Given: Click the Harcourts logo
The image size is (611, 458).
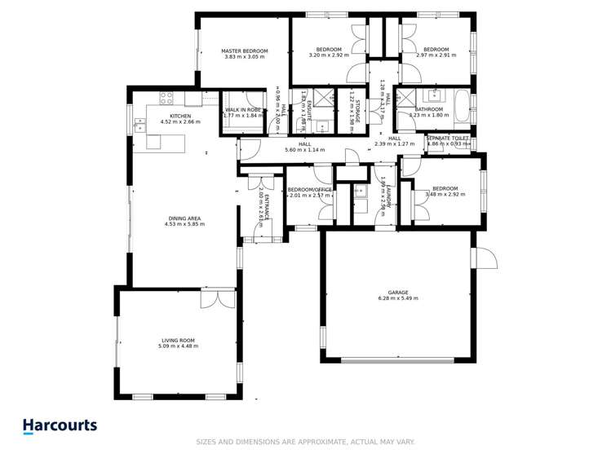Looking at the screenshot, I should (60, 425).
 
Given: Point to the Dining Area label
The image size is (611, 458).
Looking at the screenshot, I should (183, 218).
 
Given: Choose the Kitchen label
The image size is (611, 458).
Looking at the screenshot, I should (180, 117).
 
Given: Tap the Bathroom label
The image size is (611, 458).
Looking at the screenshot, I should (428, 109).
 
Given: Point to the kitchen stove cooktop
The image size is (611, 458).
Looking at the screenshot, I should (166, 98).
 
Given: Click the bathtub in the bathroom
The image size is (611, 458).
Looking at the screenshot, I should (461, 107).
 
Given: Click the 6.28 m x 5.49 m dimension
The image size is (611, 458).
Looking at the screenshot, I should (397, 298).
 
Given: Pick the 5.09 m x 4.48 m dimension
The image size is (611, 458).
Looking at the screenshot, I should (176, 346).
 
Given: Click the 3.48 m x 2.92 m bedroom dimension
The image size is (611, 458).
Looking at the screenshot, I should (445, 196).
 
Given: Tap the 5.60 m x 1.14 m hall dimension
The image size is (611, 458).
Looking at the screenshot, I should (304, 150).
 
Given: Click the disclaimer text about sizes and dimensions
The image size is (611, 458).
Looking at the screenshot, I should (305, 442).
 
